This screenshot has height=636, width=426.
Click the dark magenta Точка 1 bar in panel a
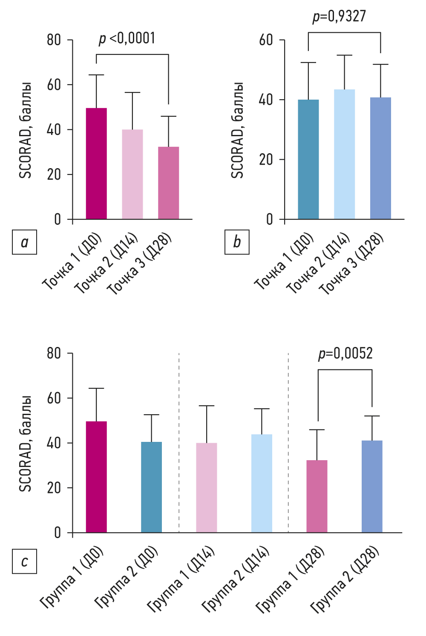point(96,164)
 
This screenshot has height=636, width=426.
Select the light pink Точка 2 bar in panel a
point(132,175)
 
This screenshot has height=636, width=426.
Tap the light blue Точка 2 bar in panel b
point(344,155)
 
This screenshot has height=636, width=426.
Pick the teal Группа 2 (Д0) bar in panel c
point(152,487)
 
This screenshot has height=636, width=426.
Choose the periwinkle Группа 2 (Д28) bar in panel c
point(372,487)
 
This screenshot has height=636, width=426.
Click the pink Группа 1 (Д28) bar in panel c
point(317,496)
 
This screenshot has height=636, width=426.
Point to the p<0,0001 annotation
point(127,39)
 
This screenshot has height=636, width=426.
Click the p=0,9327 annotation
point(339,17)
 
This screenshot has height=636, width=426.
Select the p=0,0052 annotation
point(345,354)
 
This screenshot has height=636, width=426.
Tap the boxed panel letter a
point(25,242)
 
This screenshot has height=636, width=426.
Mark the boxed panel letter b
point(237,242)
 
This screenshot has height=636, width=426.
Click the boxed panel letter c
point(25,562)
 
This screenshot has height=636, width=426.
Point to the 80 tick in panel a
point(54,40)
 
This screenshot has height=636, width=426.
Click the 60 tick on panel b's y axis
point(266,40)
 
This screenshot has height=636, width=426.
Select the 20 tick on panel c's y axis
point(54,488)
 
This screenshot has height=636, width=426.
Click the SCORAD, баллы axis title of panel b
point(237,130)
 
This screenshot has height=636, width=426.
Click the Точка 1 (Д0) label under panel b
point(284,261)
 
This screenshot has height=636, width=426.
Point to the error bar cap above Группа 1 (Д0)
point(96,388)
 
